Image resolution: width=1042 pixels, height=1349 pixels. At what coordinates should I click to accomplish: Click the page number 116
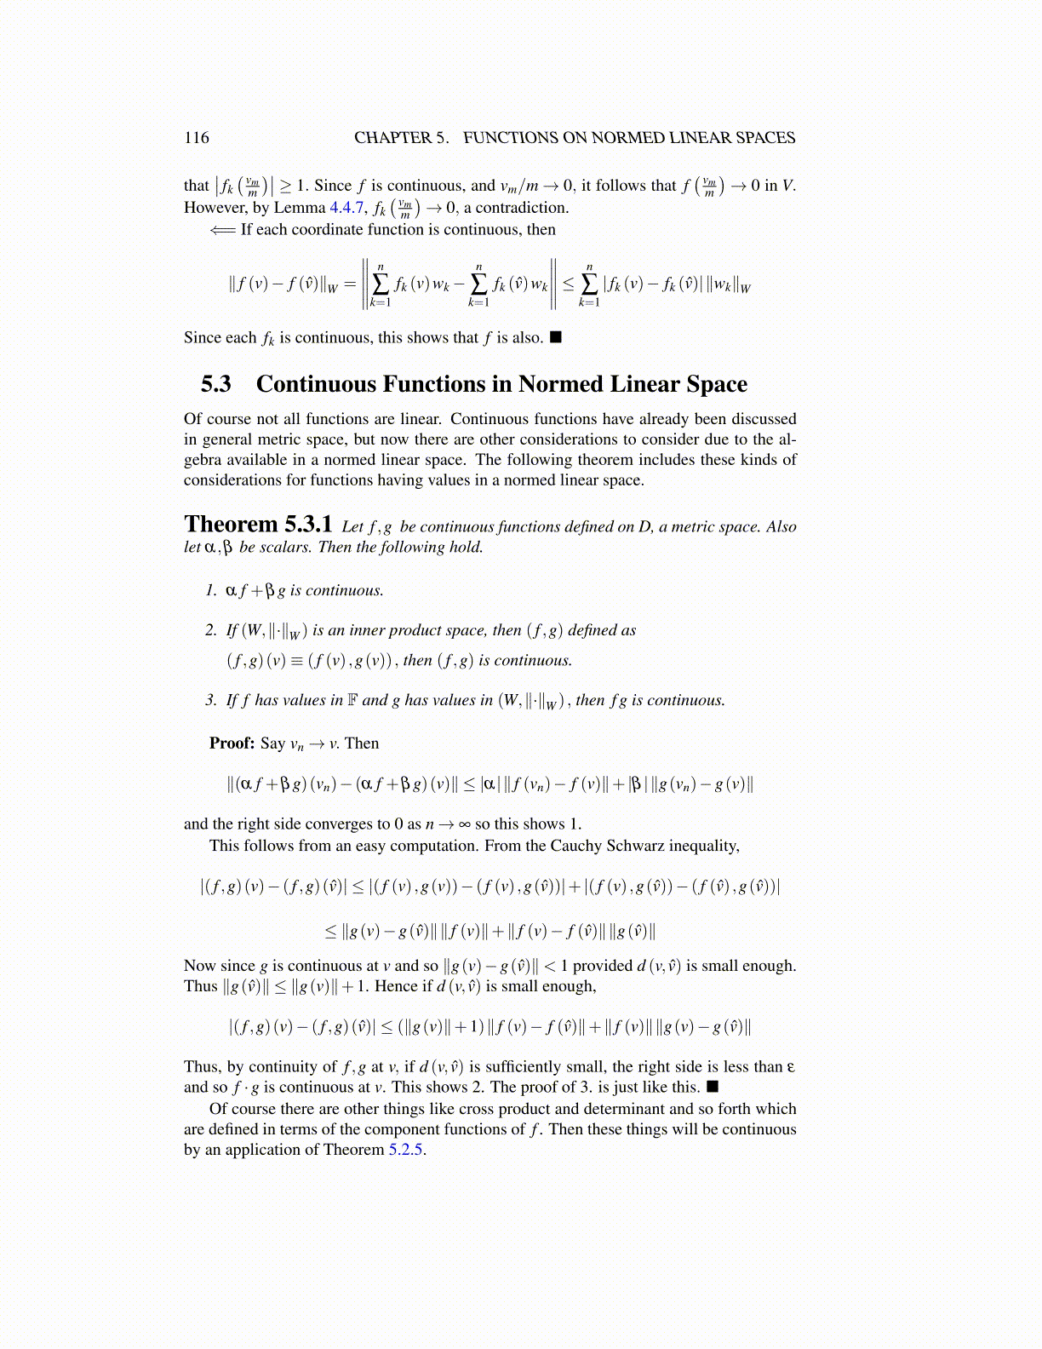point(196,138)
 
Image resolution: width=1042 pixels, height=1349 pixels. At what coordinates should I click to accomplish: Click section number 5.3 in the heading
point(216,384)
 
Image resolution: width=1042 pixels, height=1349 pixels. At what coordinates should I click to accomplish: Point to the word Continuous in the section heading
point(316,384)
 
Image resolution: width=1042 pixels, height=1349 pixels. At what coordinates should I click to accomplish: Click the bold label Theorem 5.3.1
point(258,525)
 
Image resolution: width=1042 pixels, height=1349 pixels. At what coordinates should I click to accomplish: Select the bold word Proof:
point(232,743)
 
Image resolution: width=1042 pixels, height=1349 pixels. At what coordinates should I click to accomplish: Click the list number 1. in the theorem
point(211,590)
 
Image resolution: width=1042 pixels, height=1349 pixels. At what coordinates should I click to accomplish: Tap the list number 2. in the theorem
point(211,630)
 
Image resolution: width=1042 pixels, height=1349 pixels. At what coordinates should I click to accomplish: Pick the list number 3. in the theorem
point(211,700)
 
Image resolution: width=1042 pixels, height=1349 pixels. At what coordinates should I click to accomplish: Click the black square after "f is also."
point(556,337)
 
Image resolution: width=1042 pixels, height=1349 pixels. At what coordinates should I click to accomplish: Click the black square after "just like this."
point(713,1087)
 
